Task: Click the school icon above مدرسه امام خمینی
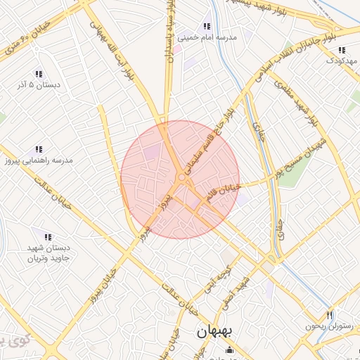(207, 26)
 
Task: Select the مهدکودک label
(342, 61)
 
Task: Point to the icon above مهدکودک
(342, 50)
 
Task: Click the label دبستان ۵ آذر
(39, 84)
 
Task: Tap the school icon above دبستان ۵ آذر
(39, 73)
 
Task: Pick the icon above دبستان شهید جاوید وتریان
(47, 238)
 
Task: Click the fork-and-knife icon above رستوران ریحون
(328, 314)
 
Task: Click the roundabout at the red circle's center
(181, 179)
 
